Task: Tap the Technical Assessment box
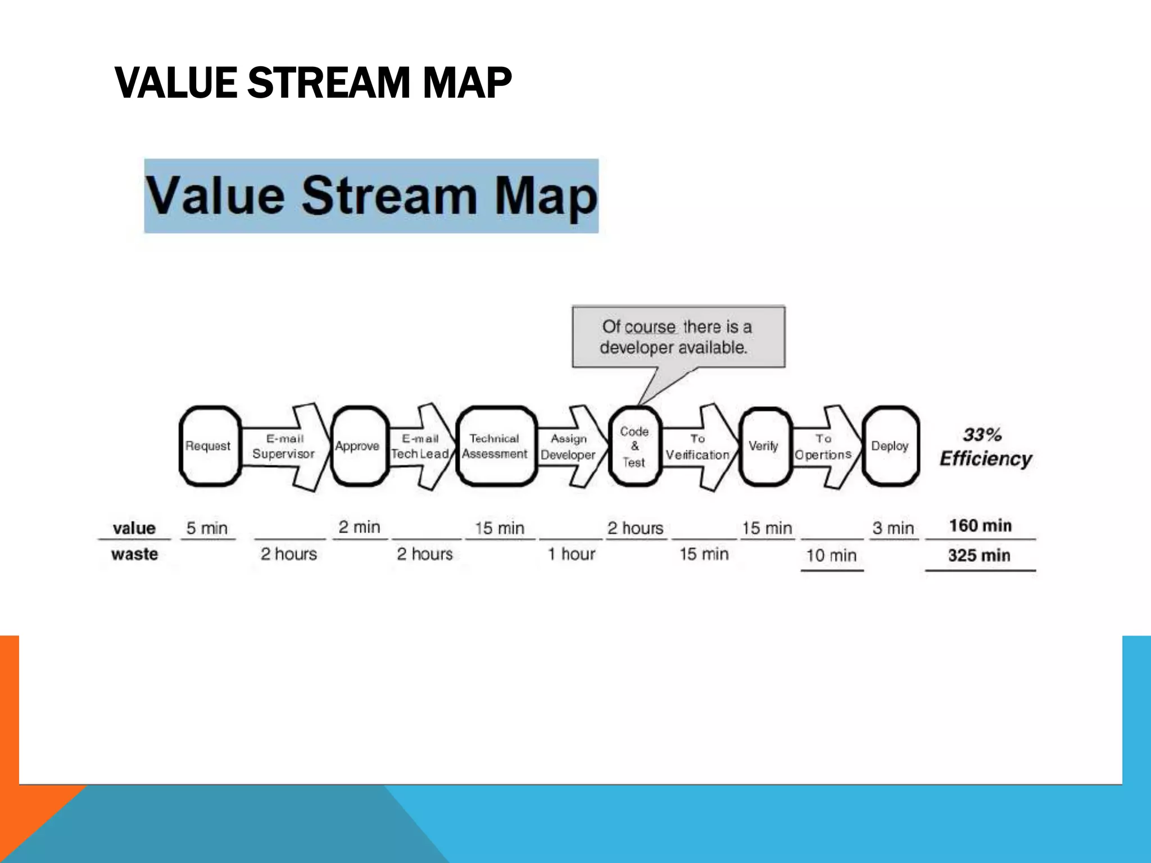pos(496,446)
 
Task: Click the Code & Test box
pos(635,446)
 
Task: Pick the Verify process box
pos(764,446)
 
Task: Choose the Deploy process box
pos(890,446)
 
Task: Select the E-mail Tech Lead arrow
pos(421,447)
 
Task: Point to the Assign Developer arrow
pos(569,447)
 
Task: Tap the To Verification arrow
pos(699,447)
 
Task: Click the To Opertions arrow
pos(824,447)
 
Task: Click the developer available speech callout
pos(678,337)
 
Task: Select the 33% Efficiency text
pos(986,447)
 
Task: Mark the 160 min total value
pos(981,526)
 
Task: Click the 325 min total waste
pos(980,555)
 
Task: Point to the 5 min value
pos(207,528)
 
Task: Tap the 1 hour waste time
pos(572,554)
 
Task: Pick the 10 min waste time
pos(831,556)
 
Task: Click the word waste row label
pos(135,554)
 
